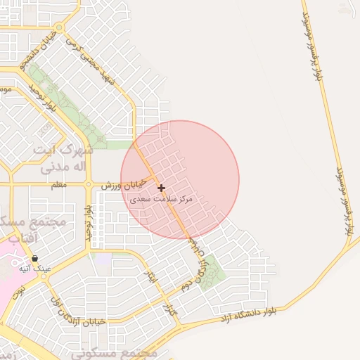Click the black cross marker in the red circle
(162, 188)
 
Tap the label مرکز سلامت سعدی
(162, 200)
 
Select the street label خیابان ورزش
(124, 185)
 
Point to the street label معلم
(59, 185)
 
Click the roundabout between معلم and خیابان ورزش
(89, 185)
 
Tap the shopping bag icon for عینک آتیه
(34, 259)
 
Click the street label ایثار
(149, 277)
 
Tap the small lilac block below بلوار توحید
(103, 259)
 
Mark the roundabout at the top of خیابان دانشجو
(59, 29)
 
